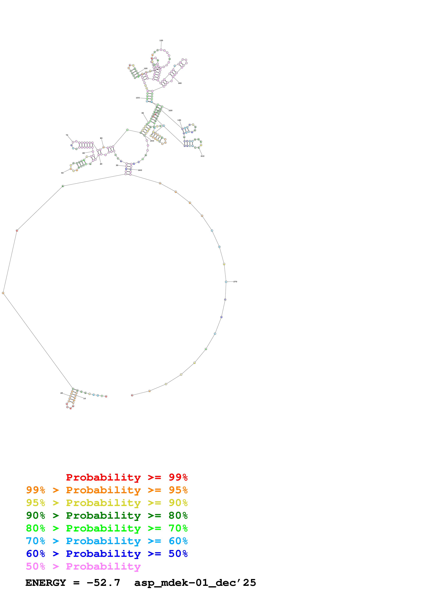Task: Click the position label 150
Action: point(161,40)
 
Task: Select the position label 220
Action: point(171,110)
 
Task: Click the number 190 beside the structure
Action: point(179,120)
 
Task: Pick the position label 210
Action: point(202,156)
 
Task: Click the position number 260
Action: point(140,170)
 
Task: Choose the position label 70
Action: point(67,135)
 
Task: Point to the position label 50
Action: point(62,173)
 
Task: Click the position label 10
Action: point(85,399)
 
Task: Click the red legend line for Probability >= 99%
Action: point(127,477)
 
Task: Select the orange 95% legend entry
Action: point(107,490)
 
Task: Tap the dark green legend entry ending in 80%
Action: point(107,515)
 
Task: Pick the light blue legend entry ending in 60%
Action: point(107,541)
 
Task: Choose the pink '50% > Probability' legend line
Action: point(83,566)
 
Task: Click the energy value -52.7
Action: point(103,583)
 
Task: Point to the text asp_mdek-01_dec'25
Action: point(195,583)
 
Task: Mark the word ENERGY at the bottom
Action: point(46,583)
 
